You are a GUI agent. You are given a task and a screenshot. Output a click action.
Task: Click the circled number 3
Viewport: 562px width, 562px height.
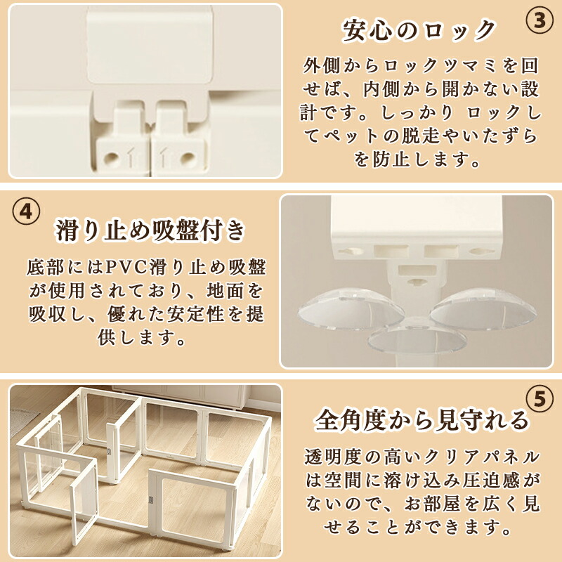coord(540,20)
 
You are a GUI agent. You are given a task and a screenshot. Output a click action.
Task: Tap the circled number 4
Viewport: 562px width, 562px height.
coord(26,212)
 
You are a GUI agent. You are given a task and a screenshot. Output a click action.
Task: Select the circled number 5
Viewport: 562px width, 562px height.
coord(540,400)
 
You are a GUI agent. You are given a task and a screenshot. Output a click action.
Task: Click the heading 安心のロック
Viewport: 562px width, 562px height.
coord(418,30)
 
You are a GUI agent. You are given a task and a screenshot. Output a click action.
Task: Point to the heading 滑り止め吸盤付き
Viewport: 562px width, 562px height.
coord(150,230)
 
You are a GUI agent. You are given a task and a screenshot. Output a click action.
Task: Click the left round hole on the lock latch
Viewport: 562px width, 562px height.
coord(112,157)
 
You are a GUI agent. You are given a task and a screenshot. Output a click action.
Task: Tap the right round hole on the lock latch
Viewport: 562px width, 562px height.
coord(188,157)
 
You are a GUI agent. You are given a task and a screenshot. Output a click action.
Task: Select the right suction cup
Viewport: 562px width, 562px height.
coord(483,309)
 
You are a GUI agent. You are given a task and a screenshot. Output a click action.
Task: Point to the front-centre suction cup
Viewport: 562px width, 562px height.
coord(417,339)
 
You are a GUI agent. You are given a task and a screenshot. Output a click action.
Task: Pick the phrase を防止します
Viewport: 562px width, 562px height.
coord(417,159)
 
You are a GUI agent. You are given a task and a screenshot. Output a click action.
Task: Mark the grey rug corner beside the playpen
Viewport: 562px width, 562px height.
coord(22,424)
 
